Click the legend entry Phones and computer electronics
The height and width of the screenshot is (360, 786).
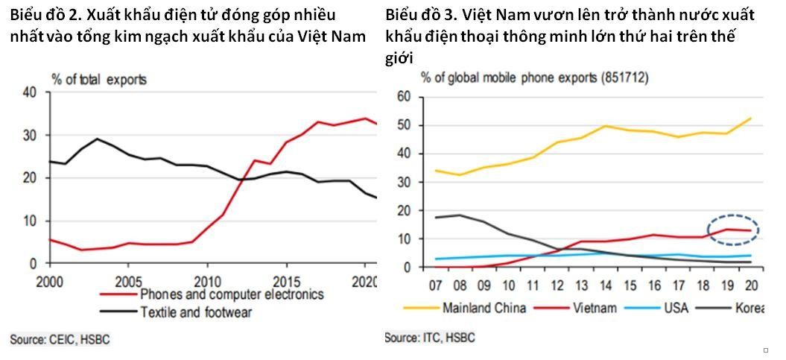pyautogui.click(x=232, y=294)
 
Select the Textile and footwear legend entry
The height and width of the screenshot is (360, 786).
pyautogui.click(x=195, y=312)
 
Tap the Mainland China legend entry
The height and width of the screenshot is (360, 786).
pyautogui.click(x=484, y=308)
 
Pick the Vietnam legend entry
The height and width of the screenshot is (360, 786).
pyautogui.click(x=594, y=308)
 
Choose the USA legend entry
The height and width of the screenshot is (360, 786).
pyautogui.click(x=676, y=308)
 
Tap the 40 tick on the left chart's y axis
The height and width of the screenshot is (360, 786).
pyautogui.click(x=30, y=92)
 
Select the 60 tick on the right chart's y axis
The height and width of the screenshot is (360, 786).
pyautogui.click(x=405, y=97)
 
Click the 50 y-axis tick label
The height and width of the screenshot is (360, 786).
pyautogui.click(x=405, y=125)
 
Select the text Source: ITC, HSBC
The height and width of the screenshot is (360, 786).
pyautogui.click(x=429, y=338)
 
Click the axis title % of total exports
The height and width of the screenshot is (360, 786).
pyautogui.click(x=98, y=79)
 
